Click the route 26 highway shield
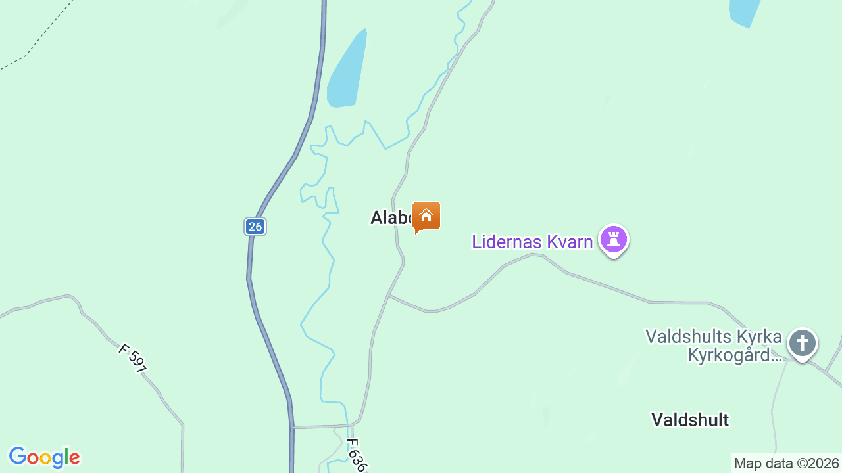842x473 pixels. (x=255, y=227)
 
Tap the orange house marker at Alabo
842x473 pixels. (x=426, y=216)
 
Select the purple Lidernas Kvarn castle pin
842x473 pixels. (x=614, y=240)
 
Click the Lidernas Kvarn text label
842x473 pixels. (x=532, y=242)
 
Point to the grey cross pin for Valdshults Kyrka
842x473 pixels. (x=802, y=344)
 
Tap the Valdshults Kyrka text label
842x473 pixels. (x=713, y=338)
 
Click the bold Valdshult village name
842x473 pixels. (x=690, y=420)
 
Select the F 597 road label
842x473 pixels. (x=133, y=358)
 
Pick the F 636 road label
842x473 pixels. (x=355, y=455)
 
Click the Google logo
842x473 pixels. (x=44, y=457)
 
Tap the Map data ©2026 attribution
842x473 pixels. (x=787, y=464)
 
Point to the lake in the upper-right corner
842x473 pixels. (x=745, y=12)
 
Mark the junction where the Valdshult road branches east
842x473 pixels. (x=389, y=295)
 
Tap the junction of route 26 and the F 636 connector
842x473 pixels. (x=292, y=428)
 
